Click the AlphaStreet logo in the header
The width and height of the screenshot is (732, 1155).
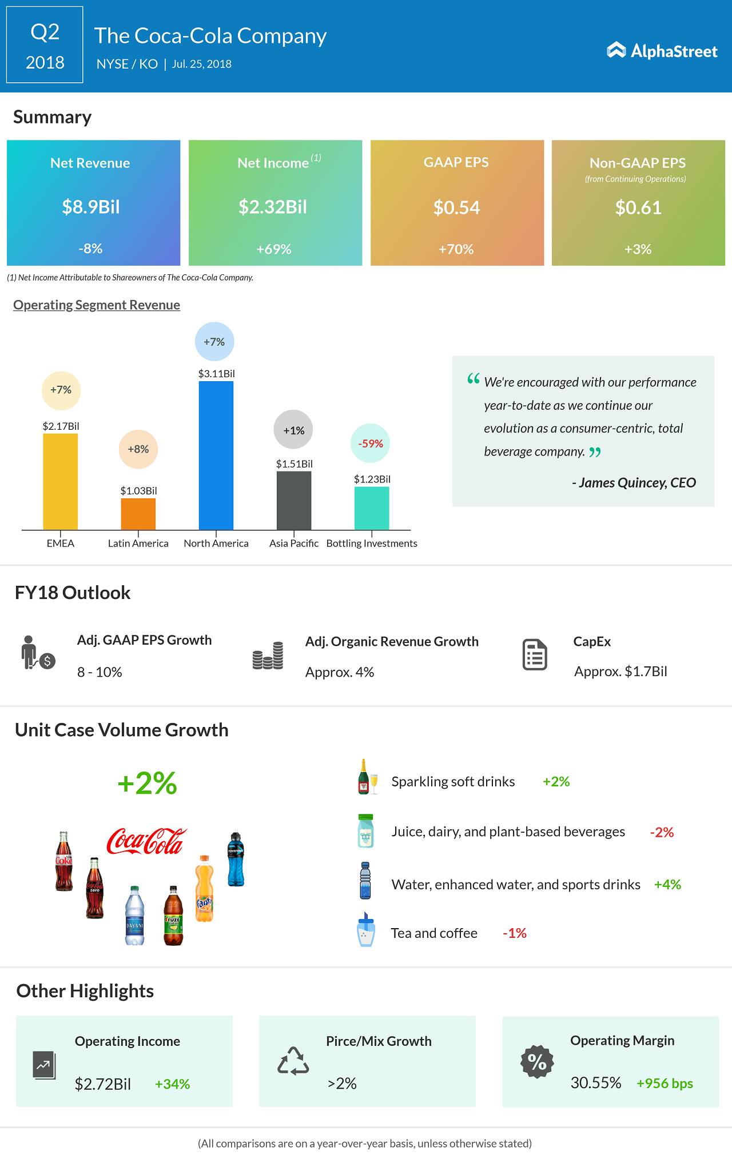tap(662, 51)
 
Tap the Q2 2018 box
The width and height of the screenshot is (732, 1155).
tap(45, 45)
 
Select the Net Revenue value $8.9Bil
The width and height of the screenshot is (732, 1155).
tap(91, 207)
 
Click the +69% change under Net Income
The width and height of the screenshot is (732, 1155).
tap(274, 249)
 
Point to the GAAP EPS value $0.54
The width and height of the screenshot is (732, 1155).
tap(456, 207)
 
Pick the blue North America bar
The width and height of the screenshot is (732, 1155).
tap(216, 455)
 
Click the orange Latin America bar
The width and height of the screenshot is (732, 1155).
tap(138, 514)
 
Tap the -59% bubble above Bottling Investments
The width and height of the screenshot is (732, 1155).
tap(370, 443)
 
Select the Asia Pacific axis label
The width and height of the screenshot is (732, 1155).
tap(294, 543)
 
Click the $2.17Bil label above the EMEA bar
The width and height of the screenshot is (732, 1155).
tap(61, 426)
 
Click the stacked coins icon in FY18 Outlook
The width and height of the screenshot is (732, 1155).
tap(268, 656)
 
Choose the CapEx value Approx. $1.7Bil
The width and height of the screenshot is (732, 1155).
tap(620, 672)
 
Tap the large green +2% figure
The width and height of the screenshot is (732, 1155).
tap(147, 783)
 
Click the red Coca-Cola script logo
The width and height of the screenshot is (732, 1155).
tap(146, 841)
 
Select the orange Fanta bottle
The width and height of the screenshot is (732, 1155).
tap(204, 889)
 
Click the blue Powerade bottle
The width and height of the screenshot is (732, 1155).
tap(236, 859)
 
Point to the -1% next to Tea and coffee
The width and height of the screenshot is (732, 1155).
tap(514, 933)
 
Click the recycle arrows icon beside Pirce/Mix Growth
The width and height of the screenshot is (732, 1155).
tap(293, 1061)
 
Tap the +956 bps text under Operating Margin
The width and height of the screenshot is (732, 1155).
tap(665, 1084)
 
